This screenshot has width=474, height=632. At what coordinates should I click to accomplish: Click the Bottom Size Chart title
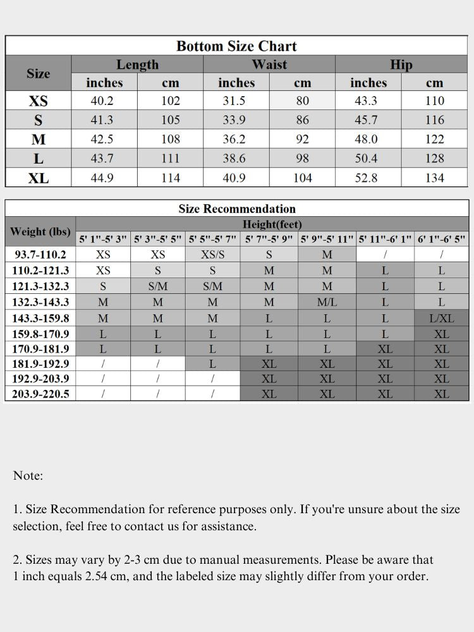[236, 46]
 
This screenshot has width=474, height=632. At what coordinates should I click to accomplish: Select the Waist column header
[269, 64]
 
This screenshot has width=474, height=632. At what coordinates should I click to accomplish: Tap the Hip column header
[401, 64]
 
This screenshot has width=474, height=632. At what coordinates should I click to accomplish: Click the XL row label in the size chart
[38, 178]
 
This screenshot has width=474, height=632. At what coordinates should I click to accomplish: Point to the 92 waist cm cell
[303, 139]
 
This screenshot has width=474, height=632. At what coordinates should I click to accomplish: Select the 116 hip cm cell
[434, 120]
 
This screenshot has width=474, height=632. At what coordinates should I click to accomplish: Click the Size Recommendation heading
[237, 209]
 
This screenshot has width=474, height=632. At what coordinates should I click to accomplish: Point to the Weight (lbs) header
[40, 231]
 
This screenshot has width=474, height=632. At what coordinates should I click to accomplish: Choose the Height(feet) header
[272, 224]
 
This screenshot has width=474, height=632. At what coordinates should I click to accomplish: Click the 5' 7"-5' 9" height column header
[269, 240]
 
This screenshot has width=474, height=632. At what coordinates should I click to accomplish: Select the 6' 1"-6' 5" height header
[441, 240]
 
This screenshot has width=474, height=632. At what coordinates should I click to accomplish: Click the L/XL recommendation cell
[441, 318]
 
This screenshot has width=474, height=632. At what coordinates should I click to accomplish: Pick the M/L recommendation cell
[327, 302]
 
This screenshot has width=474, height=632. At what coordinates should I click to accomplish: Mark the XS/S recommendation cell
[212, 255]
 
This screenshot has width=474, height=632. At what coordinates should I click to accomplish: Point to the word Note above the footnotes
[28, 476]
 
